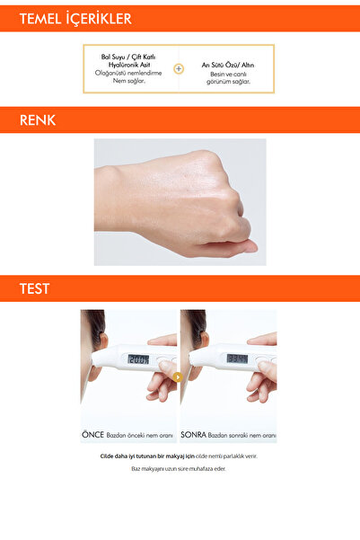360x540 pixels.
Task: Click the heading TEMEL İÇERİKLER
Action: click(75, 18)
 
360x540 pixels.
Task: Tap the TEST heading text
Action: click(35, 288)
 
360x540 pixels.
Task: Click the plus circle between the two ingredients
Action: click(179, 68)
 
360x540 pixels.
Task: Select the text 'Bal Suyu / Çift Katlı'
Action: click(130, 56)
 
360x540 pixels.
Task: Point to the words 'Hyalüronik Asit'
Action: click(130, 64)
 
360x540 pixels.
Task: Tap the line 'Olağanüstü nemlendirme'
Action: click(130, 72)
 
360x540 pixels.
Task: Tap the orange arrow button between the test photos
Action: click(178, 376)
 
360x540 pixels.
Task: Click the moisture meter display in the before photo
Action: click(138, 359)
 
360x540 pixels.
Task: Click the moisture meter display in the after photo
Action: click(237, 359)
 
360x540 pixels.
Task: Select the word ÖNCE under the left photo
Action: click(93, 433)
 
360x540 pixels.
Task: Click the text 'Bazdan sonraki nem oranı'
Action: click(241, 434)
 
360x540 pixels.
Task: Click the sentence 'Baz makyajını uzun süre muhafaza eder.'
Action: click(180, 468)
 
